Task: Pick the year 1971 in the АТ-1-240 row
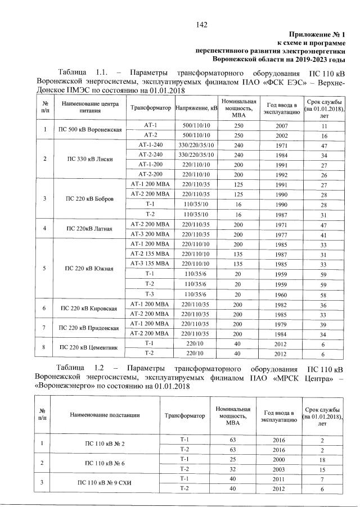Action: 282,144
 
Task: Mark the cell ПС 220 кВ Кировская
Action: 92,309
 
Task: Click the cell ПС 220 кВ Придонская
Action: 92,328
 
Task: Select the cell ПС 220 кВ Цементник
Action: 92,348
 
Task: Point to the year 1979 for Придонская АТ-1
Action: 282,324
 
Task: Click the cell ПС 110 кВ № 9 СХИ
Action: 105,483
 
